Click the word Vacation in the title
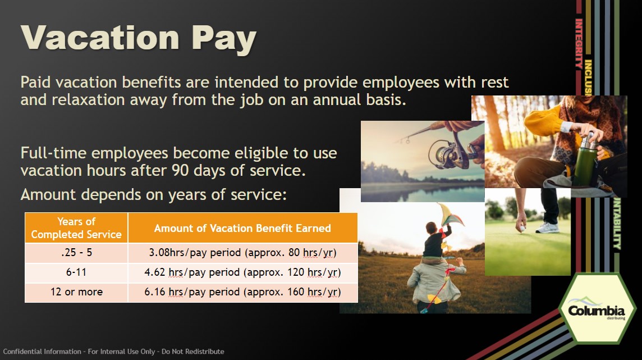100,38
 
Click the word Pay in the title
224,40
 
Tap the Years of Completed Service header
76,227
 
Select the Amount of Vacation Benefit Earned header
242,227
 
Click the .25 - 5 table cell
76,253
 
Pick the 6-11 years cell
76,272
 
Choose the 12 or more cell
76,293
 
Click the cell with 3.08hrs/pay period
242,253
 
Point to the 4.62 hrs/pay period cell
242,272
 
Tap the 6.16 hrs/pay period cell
242,293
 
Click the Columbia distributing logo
597,311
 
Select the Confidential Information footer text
113,352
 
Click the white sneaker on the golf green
547,227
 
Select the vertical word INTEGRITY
579,43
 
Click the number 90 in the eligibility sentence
180,170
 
